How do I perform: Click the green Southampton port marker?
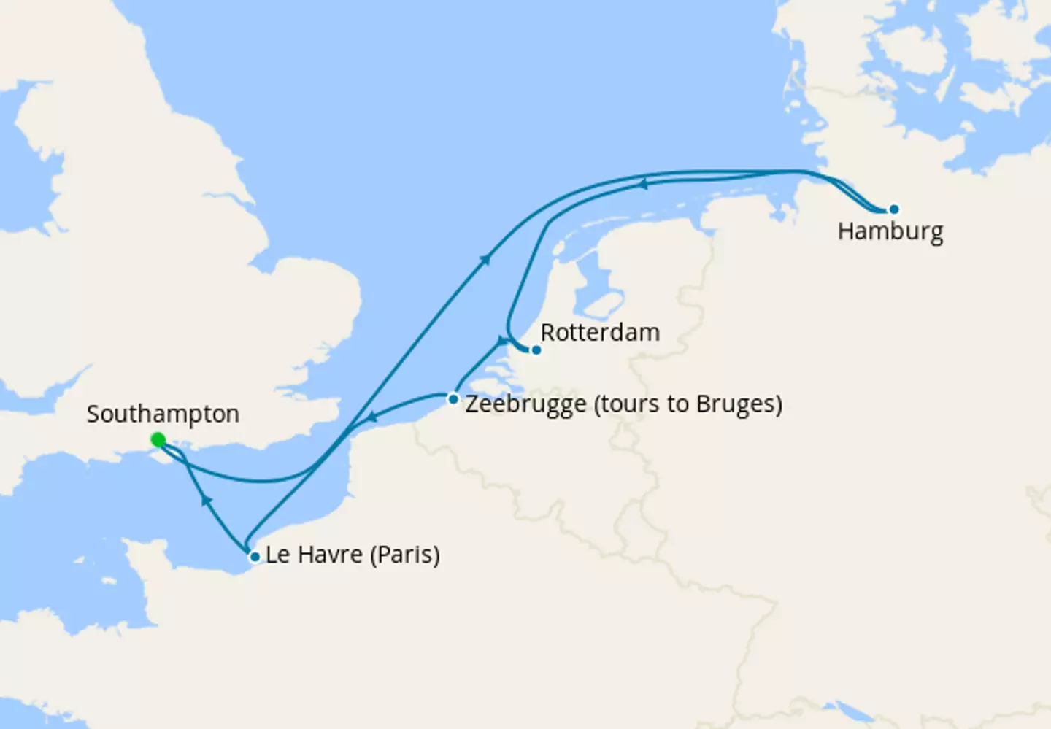click(158, 440)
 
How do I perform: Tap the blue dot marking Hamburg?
click(893, 209)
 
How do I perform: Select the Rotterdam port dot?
click(536, 350)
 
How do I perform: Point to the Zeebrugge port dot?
click(453, 398)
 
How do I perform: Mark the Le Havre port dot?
click(255, 557)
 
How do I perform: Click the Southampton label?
click(163, 414)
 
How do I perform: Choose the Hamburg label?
click(890, 231)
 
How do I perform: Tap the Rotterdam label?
click(600, 333)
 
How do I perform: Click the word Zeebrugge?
click(525, 404)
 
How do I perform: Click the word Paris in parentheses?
click(405, 555)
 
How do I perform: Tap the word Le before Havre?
click(277, 555)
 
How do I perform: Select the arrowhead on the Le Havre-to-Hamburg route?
click(485, 258)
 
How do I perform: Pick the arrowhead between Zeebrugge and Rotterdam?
click(501, 341)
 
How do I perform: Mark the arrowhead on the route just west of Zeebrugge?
click(371, 417)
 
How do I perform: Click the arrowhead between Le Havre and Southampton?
click(207, 500)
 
